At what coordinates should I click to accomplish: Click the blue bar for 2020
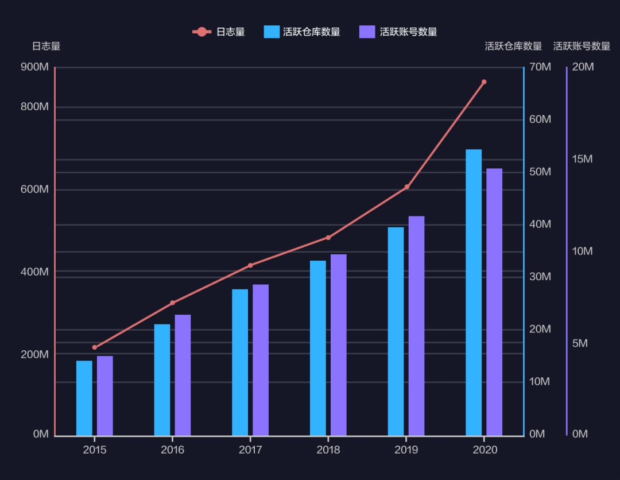click(x=474, y=292)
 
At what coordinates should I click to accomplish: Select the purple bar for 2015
click(x=104, y=396)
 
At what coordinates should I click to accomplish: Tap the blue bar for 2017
click(x=240, y=362)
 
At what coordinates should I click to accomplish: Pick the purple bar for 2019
click(x=416, y=326)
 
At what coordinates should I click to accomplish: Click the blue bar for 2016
click(x=162, y=380)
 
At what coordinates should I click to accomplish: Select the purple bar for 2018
click(x=338, y=344)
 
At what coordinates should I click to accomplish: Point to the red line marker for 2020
click(x=484, y=82)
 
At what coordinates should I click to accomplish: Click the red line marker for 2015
click(x=95, y=347)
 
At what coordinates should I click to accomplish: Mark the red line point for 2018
click(x=328, y=238)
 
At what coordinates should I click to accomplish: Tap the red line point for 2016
click(x=172, y=303)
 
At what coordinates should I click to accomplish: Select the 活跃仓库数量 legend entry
click(x=302, y=32)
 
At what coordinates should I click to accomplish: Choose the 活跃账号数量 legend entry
click(x=398, y=32)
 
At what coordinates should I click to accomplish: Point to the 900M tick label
click(x=34, y=67)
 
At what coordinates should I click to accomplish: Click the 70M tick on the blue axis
click(x=540, y=67)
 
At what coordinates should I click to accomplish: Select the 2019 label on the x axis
click(x=406, y=450)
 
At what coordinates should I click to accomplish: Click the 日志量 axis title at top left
click(x=46, y=47)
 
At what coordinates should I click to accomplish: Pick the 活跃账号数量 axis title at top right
click(x=582, y=47)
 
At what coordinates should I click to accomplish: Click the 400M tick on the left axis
click(x=34, y=272)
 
